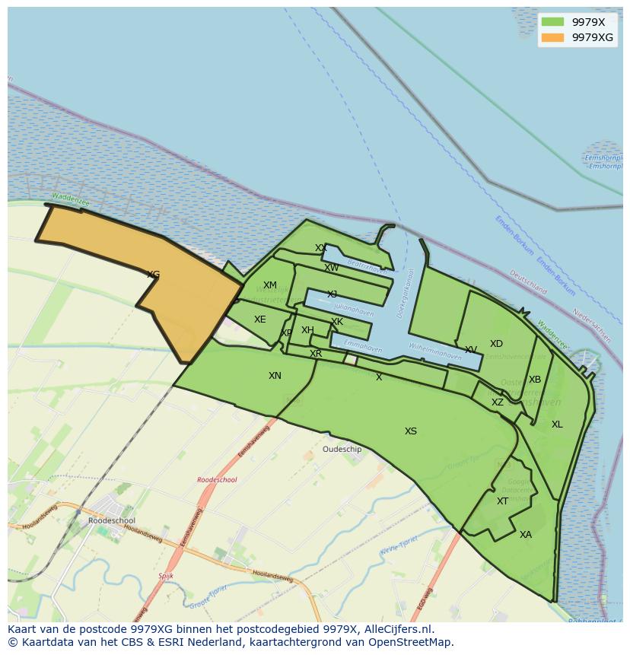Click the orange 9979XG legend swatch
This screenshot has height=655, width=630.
coord(553,37)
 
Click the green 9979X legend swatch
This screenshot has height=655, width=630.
coord(553,22)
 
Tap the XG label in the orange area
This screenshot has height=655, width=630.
coord(153,275)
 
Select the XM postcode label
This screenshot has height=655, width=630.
coord(270,286)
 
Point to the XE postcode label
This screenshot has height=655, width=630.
coord(260,320)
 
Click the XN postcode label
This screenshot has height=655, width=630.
coord(275,376)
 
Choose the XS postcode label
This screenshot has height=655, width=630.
coord(411,431)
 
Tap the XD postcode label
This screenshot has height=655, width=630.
coord(496,344)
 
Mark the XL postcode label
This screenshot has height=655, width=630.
coord(557,424)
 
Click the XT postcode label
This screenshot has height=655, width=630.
coord(502,501)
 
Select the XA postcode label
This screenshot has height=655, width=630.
coord(526,535)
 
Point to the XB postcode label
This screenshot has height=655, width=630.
coord(535,380)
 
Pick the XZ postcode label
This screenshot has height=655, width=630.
coord(497,402)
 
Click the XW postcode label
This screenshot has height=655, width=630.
coord(332,268)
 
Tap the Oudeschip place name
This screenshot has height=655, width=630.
coord(342,450)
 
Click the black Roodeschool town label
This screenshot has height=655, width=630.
coord(112,521)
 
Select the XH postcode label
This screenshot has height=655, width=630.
coord(307,330)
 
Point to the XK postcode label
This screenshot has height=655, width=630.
coord(337,322)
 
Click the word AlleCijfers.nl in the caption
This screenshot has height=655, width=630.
coord(396,629)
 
